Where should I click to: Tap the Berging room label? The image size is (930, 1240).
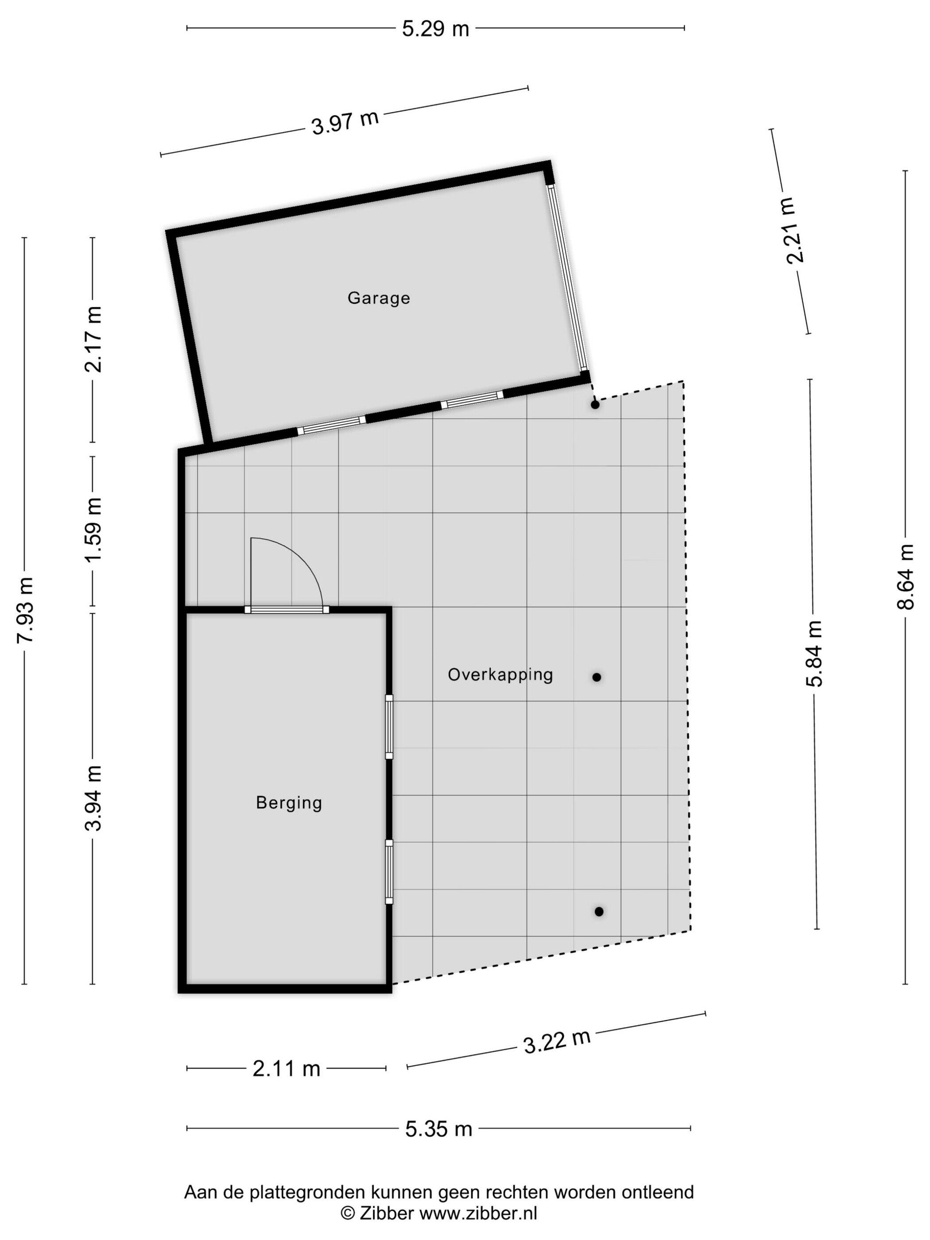click(289, 803)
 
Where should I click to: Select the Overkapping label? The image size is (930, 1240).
click(500, 674)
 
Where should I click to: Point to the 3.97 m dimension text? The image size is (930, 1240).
click(345, 122)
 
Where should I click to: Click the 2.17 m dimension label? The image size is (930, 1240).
click(93, 339)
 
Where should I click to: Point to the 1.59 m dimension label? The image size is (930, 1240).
click(93, 530)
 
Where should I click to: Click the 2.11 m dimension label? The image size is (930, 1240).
click(286, 1069)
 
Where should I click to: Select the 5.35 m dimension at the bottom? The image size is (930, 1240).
click(439, 1128)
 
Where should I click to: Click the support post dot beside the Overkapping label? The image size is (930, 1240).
click(597, 677)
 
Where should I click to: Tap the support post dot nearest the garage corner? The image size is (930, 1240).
click(595, 404)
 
